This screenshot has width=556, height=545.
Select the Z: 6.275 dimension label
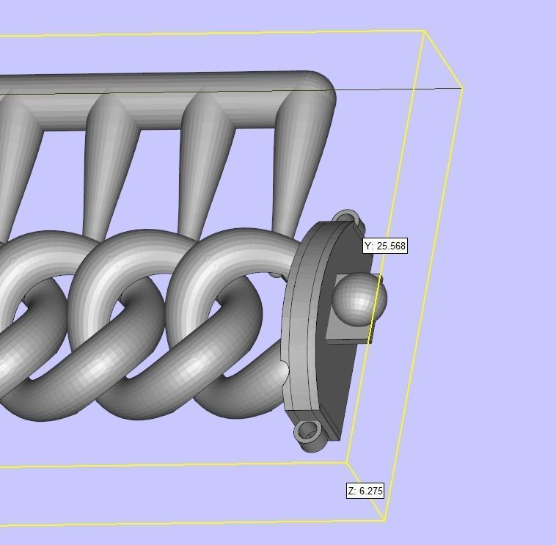[x=365, y=491]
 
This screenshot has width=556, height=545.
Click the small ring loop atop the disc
[x=346, y=218]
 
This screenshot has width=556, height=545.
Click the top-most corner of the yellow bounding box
[x=424, y=31]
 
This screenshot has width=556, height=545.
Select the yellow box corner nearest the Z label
[x=347, y=463]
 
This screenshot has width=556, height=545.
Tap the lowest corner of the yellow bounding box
[x=384, y=520]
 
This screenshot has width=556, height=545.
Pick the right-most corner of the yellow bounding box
[x=461, y=88]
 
